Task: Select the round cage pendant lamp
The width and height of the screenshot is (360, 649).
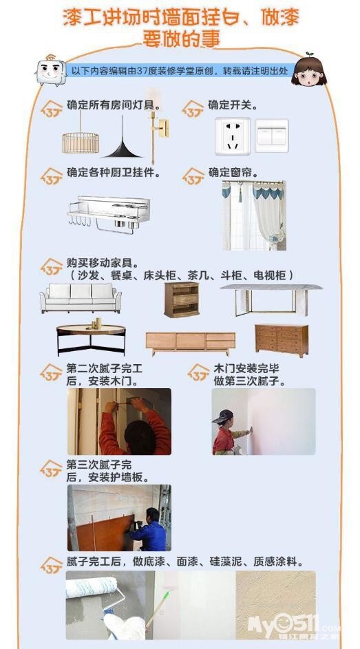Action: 81,142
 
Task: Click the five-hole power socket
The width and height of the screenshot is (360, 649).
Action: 232,136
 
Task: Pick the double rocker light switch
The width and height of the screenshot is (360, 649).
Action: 271,136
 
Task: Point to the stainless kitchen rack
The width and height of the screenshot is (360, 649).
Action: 109,214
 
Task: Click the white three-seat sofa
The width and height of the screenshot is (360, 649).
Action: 81,298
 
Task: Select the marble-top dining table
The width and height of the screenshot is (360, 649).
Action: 271,299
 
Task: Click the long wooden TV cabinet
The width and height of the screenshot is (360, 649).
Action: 191,343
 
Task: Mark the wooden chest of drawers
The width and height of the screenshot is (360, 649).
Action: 282,340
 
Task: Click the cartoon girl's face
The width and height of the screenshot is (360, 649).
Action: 308,72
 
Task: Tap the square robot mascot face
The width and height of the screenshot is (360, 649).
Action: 51,71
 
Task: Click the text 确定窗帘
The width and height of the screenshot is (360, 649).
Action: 231,173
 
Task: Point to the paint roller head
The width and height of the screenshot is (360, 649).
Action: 92,587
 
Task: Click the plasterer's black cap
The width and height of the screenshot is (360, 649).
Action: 224,416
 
